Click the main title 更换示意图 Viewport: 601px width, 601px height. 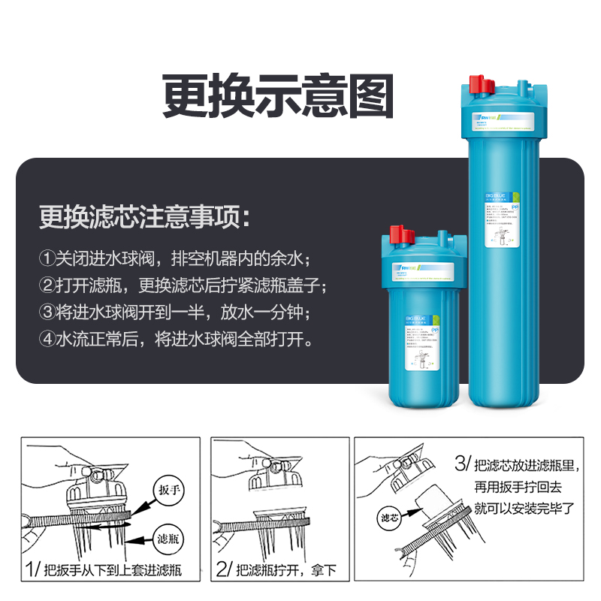click(278, 95)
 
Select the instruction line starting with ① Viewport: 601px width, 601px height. click(174, 258)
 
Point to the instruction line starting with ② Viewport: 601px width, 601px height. click(183, 285)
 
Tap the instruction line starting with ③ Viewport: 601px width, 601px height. click(174, 311)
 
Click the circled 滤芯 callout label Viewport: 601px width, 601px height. click(389, 518)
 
